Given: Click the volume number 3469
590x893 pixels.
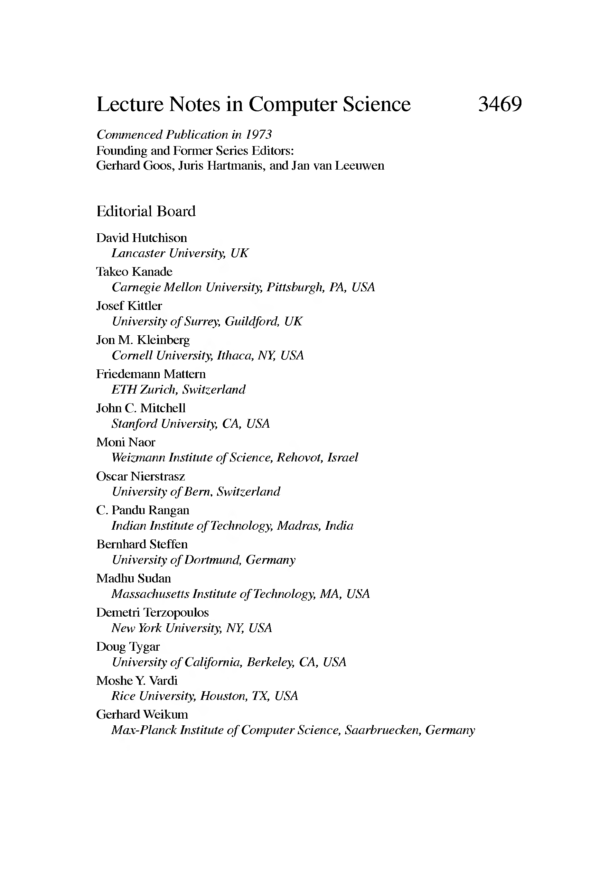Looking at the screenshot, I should click(x=500, y=104).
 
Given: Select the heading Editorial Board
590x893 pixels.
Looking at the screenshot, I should click(x=146, y=211).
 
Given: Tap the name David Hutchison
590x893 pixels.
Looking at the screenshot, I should click(x=142, y=238).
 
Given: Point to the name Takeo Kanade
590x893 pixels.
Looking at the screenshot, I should click(x=134, y=272).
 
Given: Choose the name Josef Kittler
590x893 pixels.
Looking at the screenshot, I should click(x=129, y=306).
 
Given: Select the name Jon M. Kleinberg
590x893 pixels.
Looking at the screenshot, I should click(x=143, y=340).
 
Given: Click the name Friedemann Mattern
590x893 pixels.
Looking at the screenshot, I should click(x=151, y=374).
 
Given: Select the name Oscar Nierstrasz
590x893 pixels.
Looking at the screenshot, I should click(x=141, y=477).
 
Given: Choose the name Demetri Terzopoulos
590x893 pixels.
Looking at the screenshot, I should click(x=152, y=612).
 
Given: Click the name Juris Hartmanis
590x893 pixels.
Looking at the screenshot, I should click(x=218, y=165).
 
